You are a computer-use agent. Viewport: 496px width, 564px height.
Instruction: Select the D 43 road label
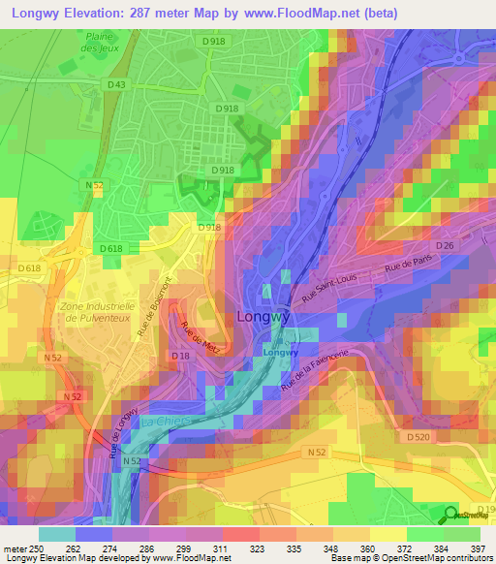(x=117, y=85)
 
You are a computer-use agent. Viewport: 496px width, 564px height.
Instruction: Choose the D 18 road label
(x=181, y=358)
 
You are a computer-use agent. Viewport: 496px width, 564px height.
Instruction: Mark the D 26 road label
(x=445, y=246)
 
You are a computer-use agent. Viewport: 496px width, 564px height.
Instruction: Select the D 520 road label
(x=418, y=438)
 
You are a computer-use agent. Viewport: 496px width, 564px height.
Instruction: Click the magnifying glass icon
(x=451, y=514)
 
